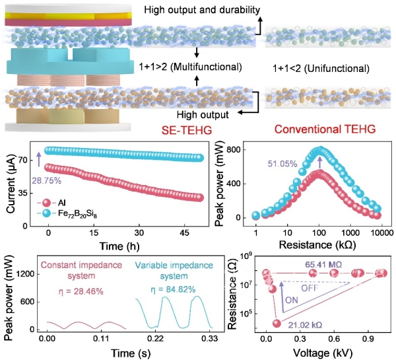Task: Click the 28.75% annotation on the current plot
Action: click(x=46, y=179)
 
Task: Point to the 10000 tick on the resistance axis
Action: click(x=378, y=232)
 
